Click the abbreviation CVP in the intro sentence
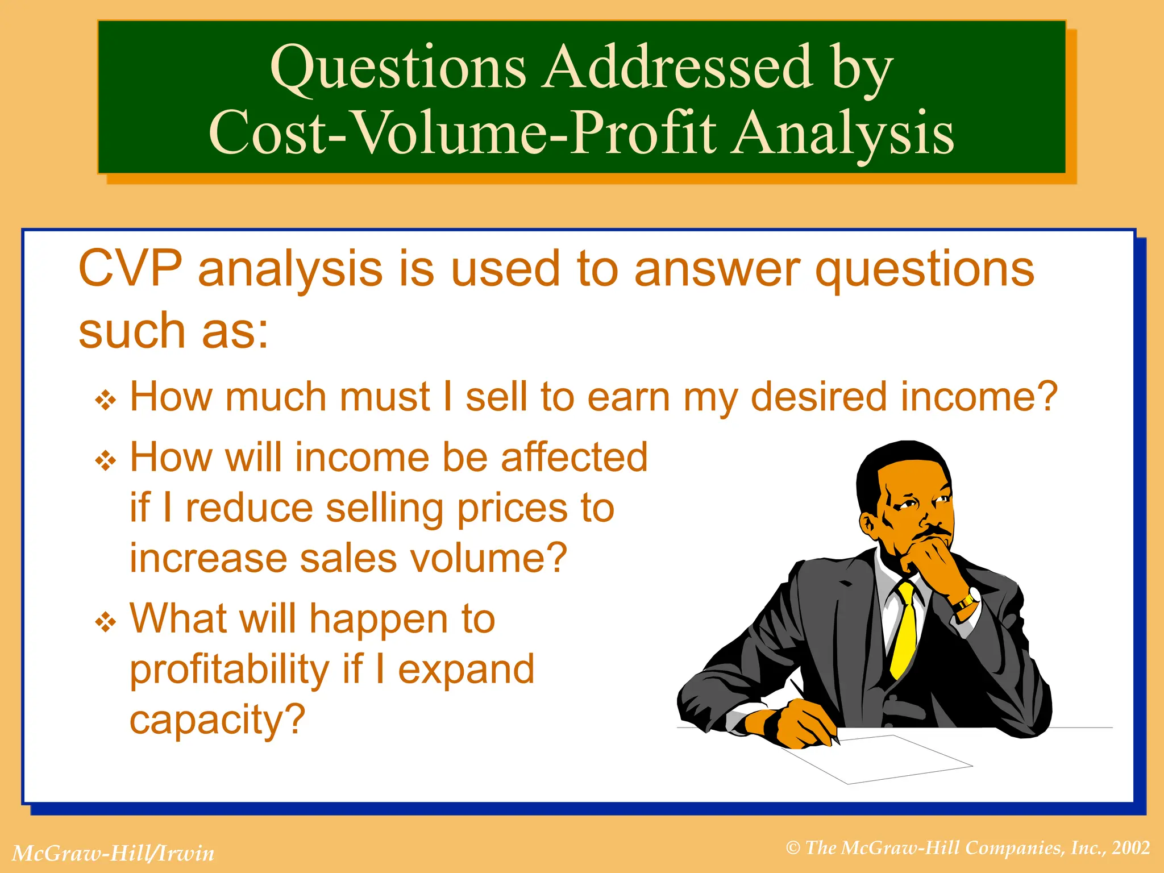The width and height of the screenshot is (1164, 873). coord(130,269)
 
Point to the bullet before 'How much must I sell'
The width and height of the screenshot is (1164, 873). coord(106,401)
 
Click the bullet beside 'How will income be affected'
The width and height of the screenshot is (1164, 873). coord(106,461)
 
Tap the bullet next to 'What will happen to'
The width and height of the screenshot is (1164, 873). coord(106,622)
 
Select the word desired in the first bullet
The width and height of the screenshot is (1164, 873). coord(819,397)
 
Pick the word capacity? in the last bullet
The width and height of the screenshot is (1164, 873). coord(218,720)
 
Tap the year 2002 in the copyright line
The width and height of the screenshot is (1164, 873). coord(1131,848)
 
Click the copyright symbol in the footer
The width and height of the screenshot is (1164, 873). coord(793,849)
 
